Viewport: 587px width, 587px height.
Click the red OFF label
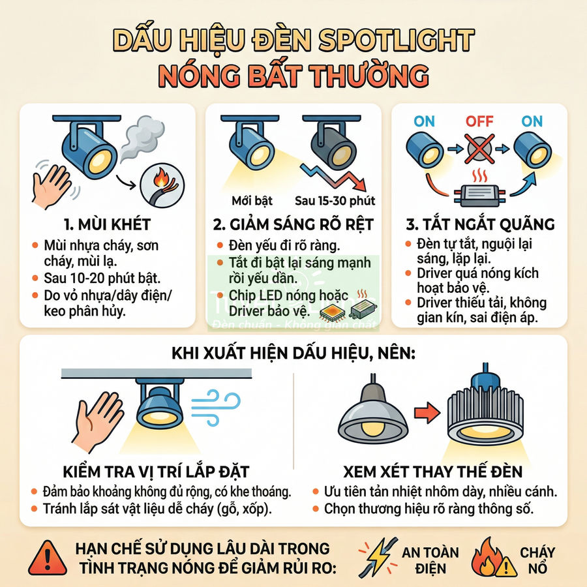click(x=479, y=121)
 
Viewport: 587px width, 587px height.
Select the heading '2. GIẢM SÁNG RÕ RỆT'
click(x=293, y=225)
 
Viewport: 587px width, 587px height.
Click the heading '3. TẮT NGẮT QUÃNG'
click(x=480, y=225)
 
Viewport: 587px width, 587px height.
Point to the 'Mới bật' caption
click(x=252, y=200)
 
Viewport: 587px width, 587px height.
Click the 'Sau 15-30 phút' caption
click(x=335, y=200)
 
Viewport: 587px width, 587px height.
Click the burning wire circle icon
click(x=160, y=182)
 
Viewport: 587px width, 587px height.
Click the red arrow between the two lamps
click(x=426, y=412)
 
